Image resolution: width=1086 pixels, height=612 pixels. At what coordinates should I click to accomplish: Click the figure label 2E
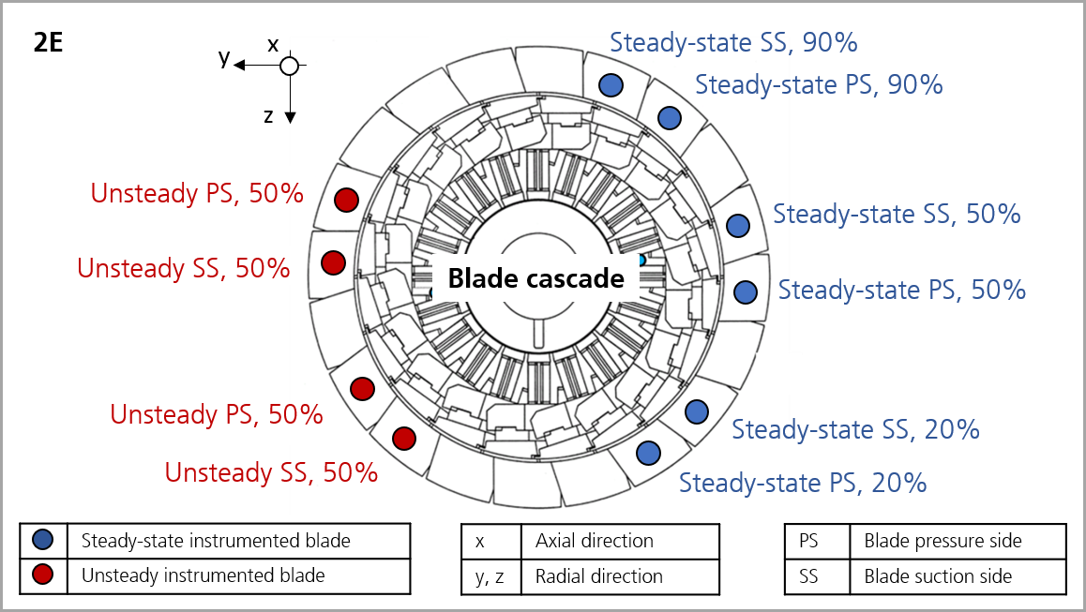click(48, 43)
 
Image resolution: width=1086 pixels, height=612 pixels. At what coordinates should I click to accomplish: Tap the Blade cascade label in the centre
click(536, 278)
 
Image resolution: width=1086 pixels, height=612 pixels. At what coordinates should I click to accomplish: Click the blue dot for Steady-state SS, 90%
click(611, 85)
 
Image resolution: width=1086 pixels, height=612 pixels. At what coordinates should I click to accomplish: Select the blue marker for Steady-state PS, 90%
click(669, 118)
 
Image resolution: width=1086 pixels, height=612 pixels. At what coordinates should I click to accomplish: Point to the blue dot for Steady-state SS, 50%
click(738, 225)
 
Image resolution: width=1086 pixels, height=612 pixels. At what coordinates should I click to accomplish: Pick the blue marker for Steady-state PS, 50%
click(746, 291)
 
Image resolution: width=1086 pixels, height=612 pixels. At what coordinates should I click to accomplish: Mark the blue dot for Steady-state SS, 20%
click(697, 411)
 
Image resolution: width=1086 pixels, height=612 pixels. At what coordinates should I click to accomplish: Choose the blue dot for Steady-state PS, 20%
click(648, 454)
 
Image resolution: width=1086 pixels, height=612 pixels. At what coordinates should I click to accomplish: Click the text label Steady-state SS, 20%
click(855, 430)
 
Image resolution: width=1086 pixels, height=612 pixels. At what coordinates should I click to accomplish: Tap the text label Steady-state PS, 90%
click(819, 85)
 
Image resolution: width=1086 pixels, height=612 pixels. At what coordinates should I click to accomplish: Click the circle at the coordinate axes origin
click(290, 66)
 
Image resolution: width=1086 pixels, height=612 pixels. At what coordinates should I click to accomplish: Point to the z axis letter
click(268, 115)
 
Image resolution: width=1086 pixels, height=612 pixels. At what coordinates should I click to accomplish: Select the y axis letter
click(224, 57)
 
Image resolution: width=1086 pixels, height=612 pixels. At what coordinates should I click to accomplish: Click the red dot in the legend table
click(43, 575)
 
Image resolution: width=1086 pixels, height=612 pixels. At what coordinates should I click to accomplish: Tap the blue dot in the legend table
click(43, 540)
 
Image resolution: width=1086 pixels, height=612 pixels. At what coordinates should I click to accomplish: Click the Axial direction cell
click(620, 541)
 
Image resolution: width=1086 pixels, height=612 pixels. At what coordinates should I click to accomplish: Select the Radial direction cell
click(620, 576)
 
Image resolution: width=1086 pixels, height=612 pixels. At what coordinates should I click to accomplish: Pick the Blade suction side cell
click(958, 576)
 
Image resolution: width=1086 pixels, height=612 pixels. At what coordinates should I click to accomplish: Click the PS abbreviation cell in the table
click(817, 541)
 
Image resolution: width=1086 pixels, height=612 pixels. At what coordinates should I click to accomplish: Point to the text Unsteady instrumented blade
click(203, 575)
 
